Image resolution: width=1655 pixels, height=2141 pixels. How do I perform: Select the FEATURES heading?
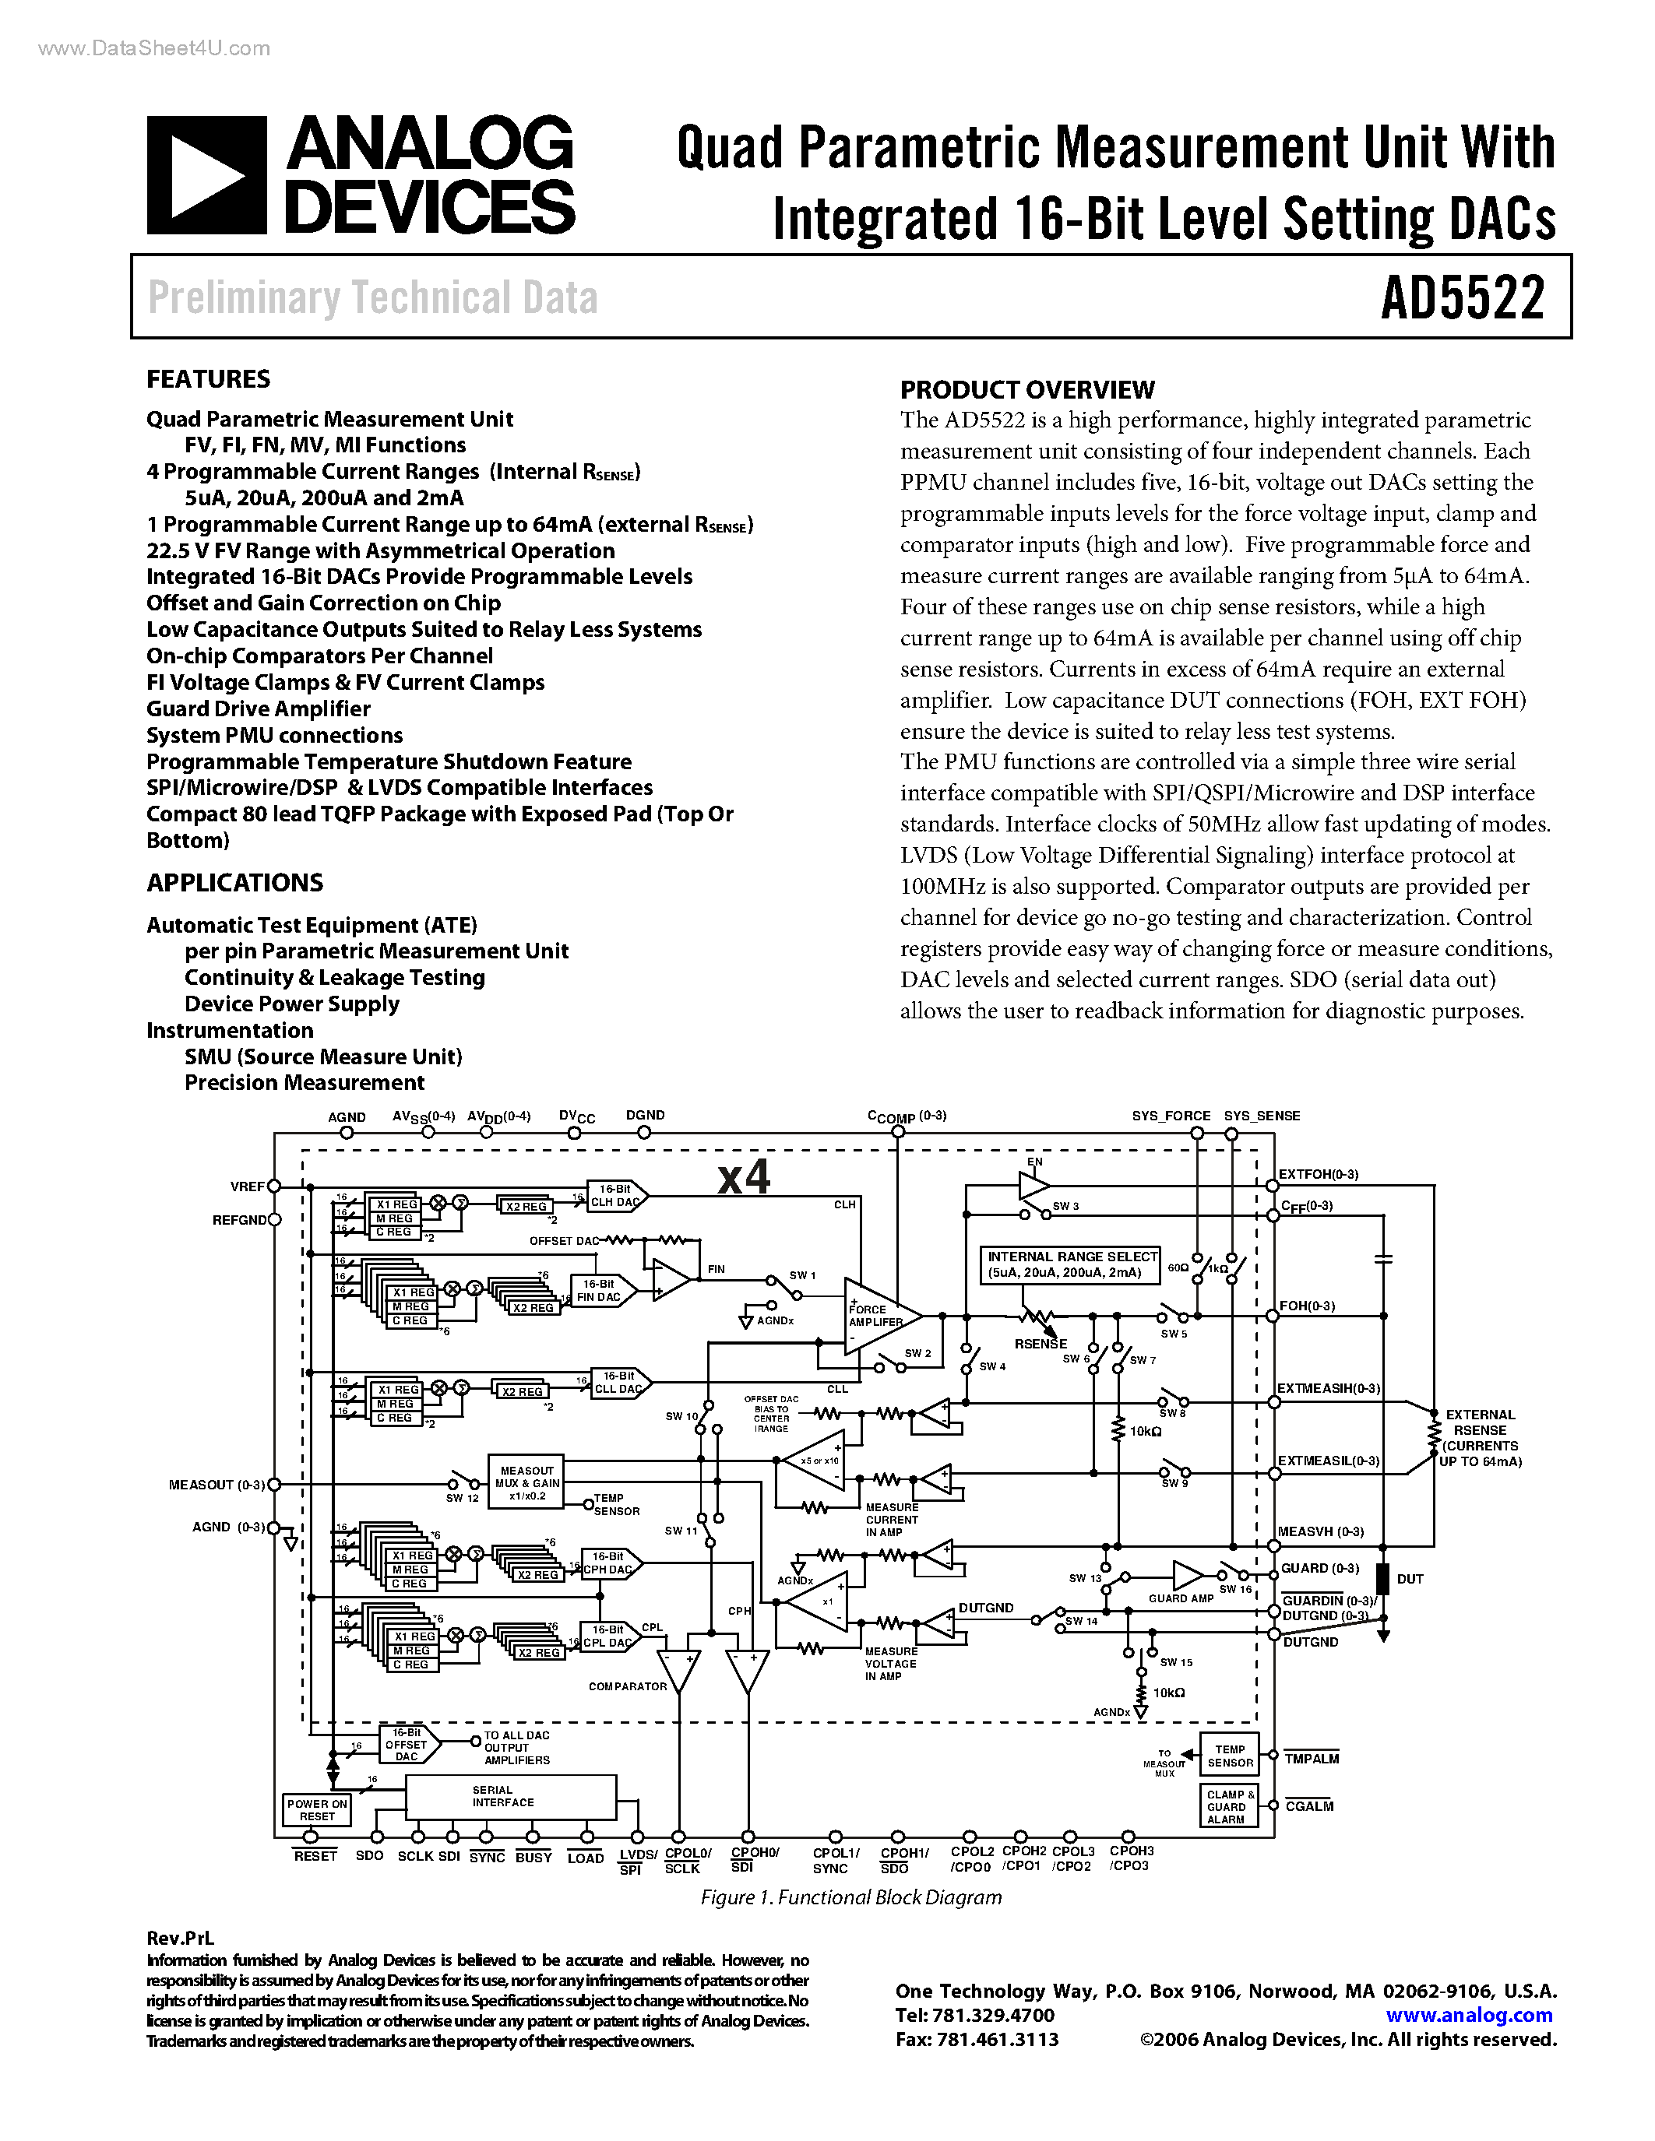click(208, 379)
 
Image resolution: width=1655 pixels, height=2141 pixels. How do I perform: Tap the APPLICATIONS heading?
click(234, 882)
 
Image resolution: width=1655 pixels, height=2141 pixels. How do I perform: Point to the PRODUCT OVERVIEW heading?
click(1026, 389)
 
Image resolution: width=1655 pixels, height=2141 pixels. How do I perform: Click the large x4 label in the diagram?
click(743, 1176)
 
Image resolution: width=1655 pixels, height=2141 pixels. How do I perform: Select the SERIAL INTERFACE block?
click(510, 1797)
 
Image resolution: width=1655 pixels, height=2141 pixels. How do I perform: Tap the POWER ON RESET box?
click(317, 1809)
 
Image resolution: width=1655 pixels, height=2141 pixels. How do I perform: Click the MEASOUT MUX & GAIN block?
click(526, 1483)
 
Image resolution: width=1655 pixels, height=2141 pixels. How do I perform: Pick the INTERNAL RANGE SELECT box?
click(1071, 1264)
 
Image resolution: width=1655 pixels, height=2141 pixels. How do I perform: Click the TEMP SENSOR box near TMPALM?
click(1231, 1756)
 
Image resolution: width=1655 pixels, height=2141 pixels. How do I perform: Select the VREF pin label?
click(247, 1187)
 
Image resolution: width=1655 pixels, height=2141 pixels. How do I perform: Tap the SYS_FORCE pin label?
click(1171, 1116)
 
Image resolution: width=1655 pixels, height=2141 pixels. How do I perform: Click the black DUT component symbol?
click(1382, 1578)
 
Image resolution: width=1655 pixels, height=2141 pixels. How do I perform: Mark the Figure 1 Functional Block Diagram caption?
click(850, 1897)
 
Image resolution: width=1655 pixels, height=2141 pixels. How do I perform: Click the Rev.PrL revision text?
click(179, 1937)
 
